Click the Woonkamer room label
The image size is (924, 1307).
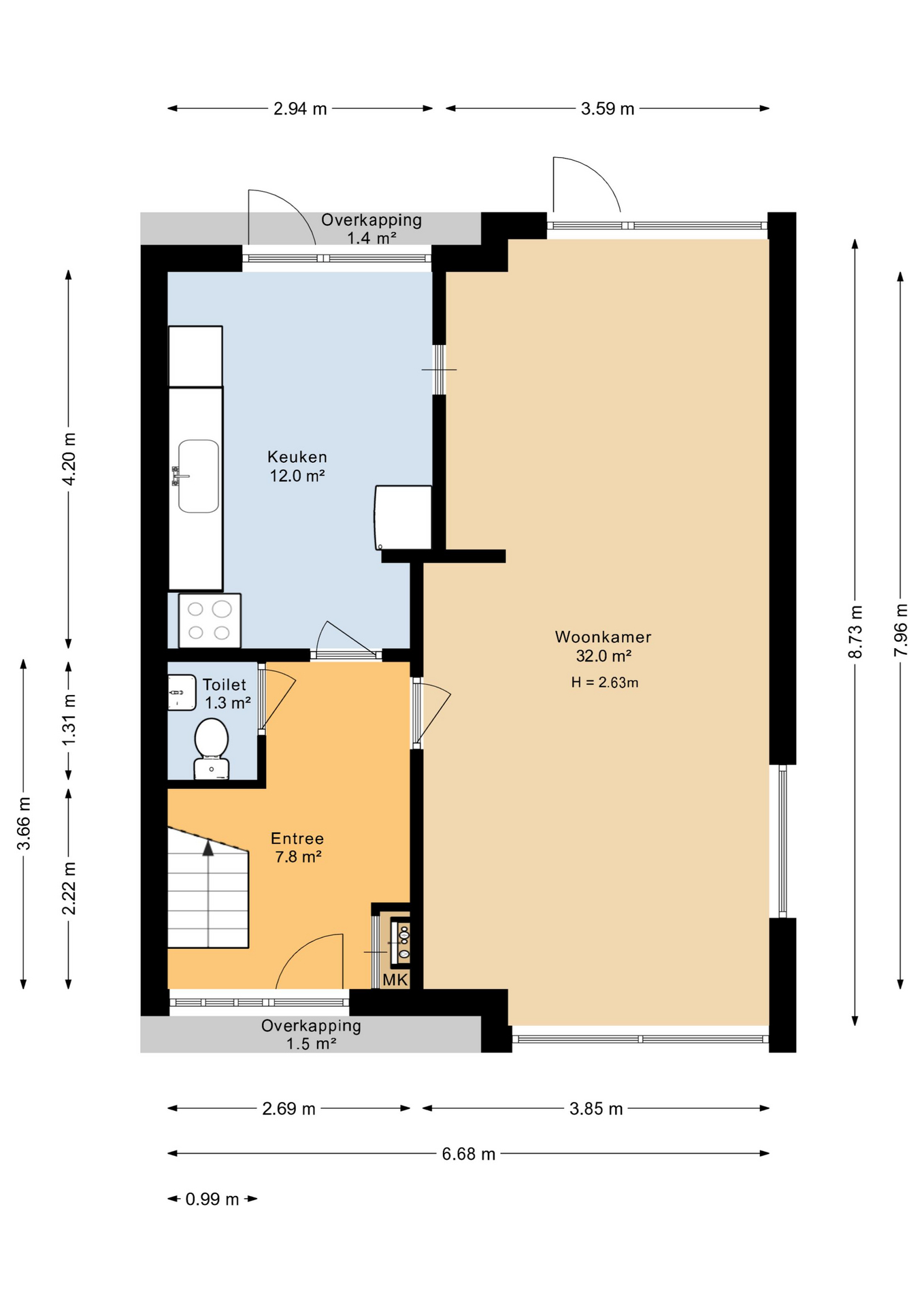(603, 637)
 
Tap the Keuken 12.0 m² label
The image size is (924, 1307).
(297, 466)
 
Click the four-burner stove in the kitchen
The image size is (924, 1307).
(210, 621)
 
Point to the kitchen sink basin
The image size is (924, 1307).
(199, 476)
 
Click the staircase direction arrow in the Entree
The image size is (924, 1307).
(208, 848)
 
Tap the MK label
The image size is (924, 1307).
(395, 980)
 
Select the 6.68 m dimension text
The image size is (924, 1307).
(468, 1154)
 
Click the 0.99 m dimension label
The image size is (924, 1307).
(212, 1199)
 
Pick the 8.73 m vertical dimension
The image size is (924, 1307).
(855, 632)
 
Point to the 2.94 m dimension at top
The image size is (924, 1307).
(300, 109)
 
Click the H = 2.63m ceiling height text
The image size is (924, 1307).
(604, 683)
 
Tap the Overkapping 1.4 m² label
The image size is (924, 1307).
(372, 229)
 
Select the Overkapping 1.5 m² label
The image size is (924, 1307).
(311, 1035)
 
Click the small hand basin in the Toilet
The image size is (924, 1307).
(181, 692)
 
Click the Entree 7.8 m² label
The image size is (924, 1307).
(297, 848)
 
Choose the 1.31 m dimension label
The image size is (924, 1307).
(69, 720)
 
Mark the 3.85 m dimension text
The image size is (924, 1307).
(596, 1109)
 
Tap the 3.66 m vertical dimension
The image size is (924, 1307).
(24, 824)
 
